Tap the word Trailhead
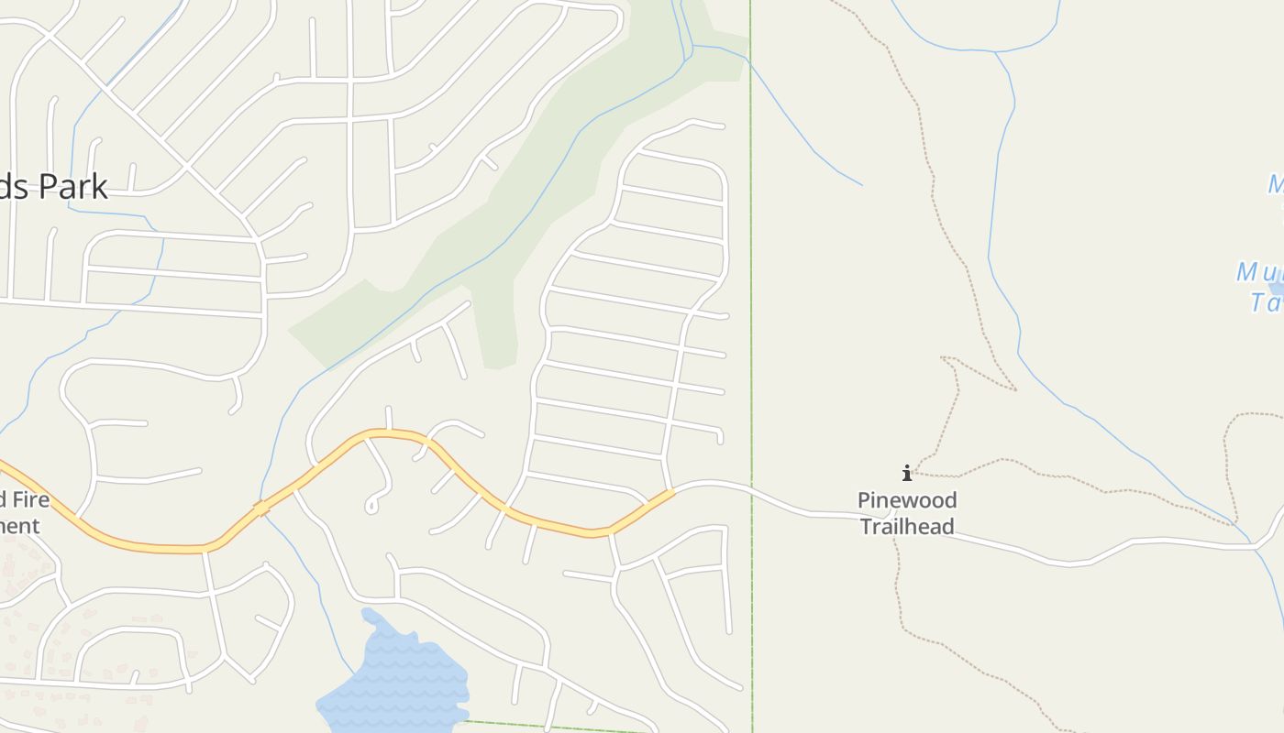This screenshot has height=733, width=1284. tap(906, 527)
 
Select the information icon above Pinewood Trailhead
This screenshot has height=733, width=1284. tap(907, 474)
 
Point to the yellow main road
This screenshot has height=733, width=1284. tap(147, 547)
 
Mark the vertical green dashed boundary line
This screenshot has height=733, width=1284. tap(751, 275)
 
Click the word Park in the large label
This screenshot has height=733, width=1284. tap(72, 186)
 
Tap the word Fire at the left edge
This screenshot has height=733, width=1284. tap(30, 500)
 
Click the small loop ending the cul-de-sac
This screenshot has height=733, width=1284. tap(372, 506)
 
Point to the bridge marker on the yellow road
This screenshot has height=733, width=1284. tap(261, 508)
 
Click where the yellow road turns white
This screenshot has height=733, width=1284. tap(674, 492)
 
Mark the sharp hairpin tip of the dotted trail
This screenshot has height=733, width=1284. tap(1014, 389)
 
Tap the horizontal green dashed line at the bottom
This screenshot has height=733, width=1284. tap(550, 728)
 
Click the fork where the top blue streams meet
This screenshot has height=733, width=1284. tap(996, 51)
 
